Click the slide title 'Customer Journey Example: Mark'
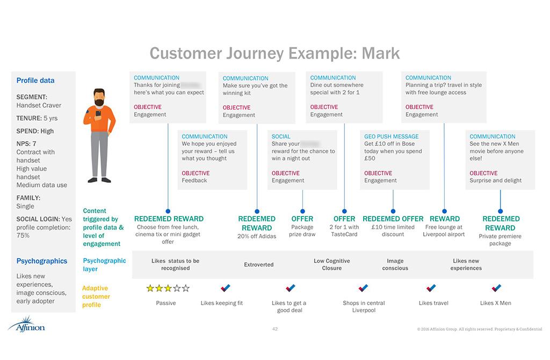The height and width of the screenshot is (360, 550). [x=274, y=53]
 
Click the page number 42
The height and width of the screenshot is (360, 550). [x=275, y=328]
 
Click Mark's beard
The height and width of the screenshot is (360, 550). [x=99, y=102]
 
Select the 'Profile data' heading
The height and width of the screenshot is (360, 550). [x=35, y=81]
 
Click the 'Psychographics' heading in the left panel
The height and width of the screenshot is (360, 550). [x=41, y=261]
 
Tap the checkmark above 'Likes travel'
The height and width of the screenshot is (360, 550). [x=431, y=289]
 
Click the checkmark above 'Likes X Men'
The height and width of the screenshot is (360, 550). [x=496, y=289]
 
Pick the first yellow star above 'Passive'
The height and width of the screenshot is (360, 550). [x=150, y=289]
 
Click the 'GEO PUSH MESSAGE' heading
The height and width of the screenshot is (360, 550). [x=391, y=136]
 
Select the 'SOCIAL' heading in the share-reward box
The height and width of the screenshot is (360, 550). [x=281, y=136]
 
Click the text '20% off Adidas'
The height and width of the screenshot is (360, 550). [x=257, y=236]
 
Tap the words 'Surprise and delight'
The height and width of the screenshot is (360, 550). [x=495, y=181]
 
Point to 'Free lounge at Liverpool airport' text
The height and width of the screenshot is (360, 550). [x=444, y=231]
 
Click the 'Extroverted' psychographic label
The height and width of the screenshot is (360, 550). [x=259, y=264]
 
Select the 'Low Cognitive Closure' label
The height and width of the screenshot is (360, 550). [x=331, y=264]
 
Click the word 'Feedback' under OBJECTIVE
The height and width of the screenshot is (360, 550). [x=194, y=181]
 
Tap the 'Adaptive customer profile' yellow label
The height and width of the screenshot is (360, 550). [x=96, y=297]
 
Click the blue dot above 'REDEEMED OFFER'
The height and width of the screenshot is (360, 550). [x=393, y=211]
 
